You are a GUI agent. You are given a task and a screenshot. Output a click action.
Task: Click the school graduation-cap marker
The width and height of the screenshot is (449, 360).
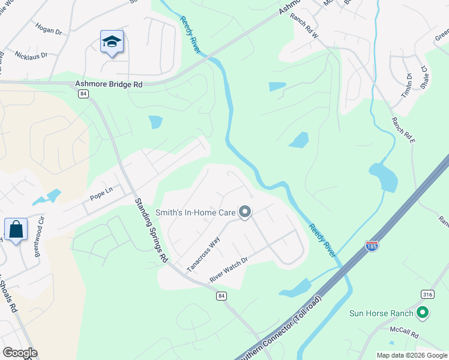pyautogui.click(x=112, y=42)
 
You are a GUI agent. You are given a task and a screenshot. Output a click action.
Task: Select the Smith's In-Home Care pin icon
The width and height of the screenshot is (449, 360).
pyautogui.click(x=245, y=212)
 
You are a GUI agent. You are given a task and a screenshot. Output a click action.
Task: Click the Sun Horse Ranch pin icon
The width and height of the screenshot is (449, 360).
pyautogui.click(x=423, y=313)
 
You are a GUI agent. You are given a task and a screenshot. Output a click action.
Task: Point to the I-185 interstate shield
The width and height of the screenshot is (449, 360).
pyautogui.click(x=372, y=246)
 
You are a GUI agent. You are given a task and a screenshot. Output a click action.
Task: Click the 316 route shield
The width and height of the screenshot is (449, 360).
pyautogui.click(x=427, y=293)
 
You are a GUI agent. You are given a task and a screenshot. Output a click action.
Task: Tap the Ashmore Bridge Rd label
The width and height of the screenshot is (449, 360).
pyautogui.click(x=109, y=85)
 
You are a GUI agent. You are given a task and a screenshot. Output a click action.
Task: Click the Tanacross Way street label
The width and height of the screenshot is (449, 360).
pyautogui.click(x=203, y=254)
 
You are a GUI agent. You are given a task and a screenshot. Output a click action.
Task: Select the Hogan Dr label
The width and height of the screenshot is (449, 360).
pyautogui.click(x=49, y=30)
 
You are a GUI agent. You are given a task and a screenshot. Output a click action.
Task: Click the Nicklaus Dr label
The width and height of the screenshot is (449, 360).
pyautogui.click(x=31, y=54)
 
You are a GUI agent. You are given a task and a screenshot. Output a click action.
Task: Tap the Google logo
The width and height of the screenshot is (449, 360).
pyautogui.click(x=20, y=353)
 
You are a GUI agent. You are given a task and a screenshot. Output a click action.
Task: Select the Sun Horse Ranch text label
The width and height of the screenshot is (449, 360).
pyautogui.click(x=382, y=313)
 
